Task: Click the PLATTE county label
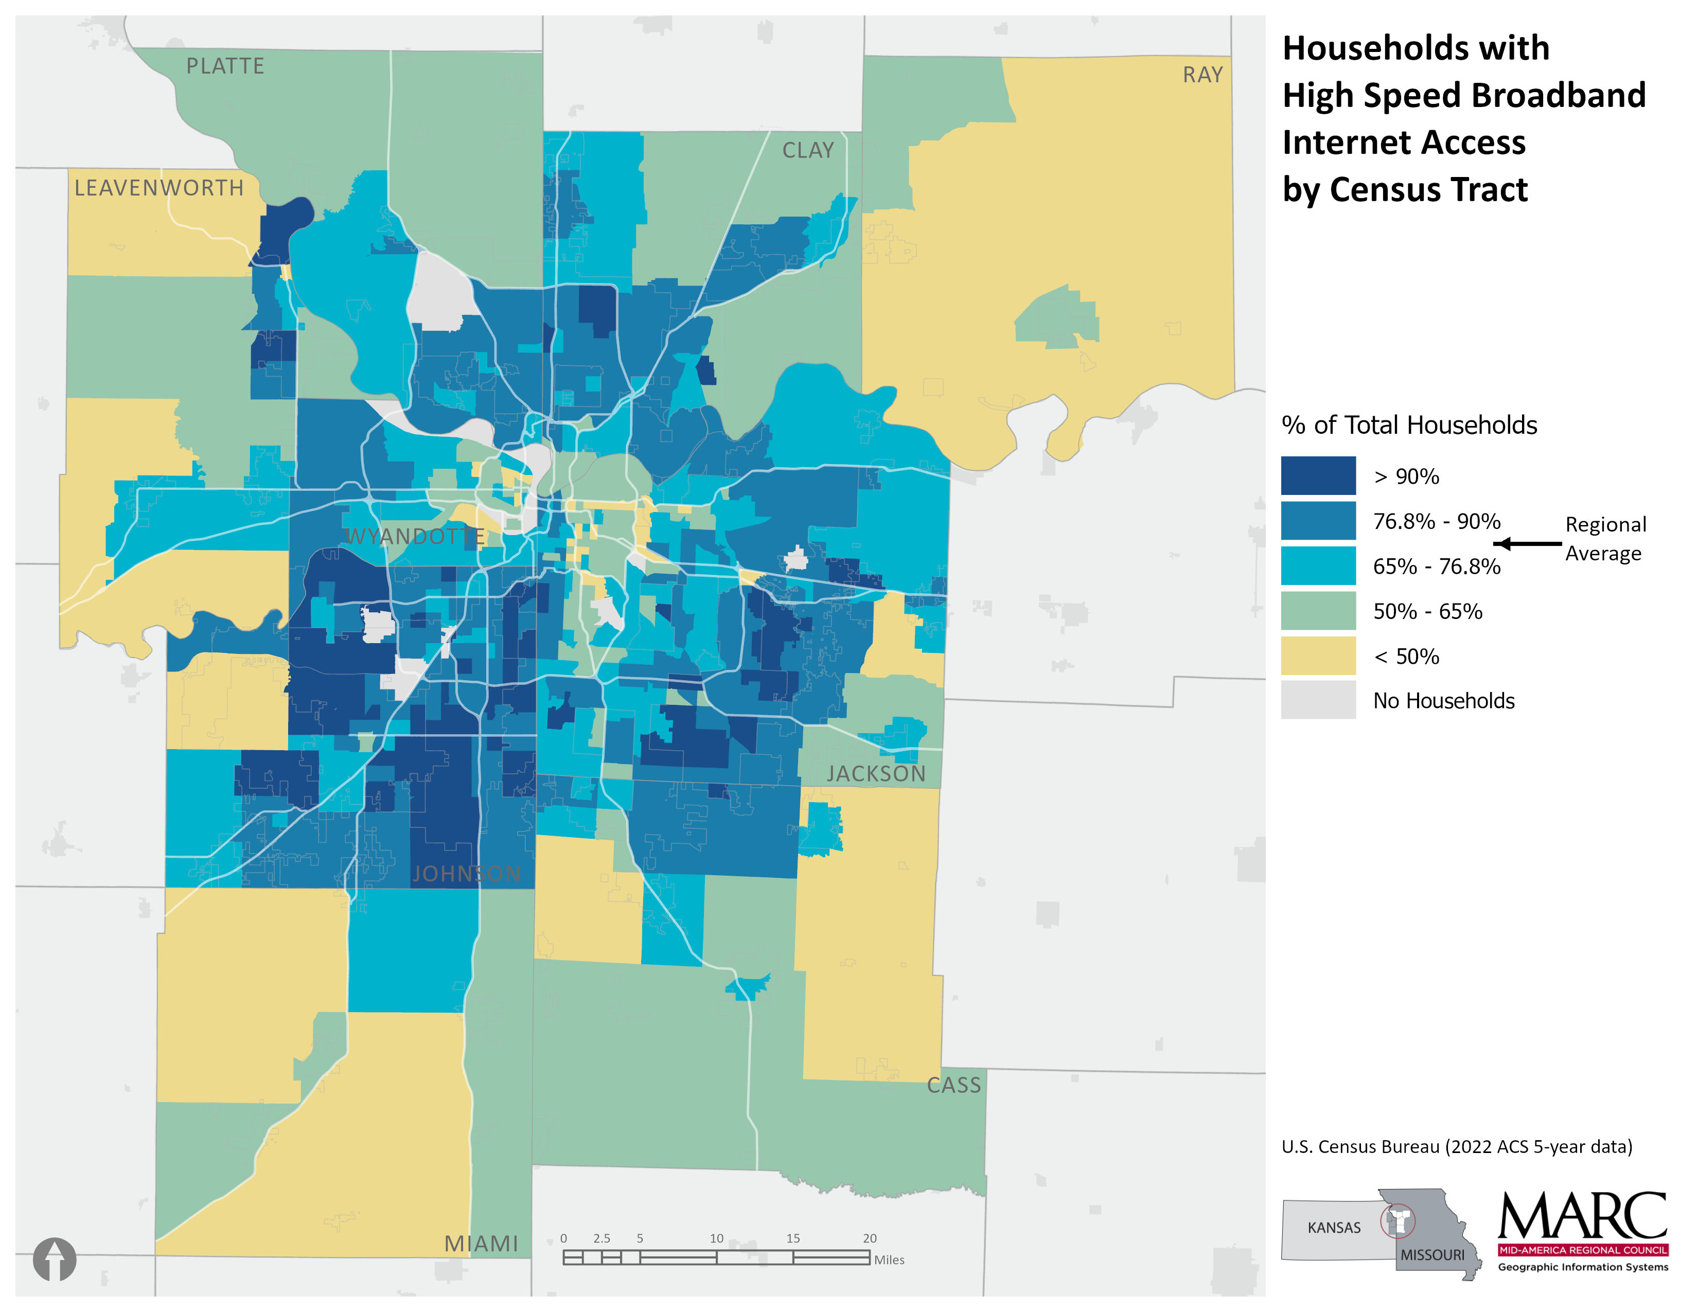click(225, 66)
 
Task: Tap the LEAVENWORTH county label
click(158, 188)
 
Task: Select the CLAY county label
click(808, 150)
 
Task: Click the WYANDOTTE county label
click(415, 536)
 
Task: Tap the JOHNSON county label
click(466, 874)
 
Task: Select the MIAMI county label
click(481, 1244)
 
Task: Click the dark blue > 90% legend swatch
click(1318, 476)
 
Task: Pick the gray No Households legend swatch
click(1318, 700)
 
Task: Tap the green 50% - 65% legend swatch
click(1318, 611)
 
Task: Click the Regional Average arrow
click(1527, 543)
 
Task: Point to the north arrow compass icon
click(55, 1259)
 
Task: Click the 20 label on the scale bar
click(869, 1238)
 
